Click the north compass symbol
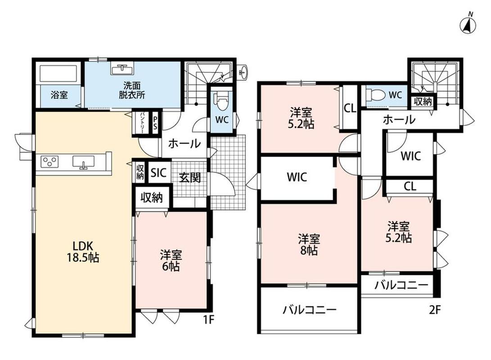(468, 24)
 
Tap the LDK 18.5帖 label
(83, 252)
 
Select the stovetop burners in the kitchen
(50, 162)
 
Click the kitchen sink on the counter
(83, 162)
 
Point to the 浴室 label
(59, 95)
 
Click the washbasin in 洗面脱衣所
(122, 68)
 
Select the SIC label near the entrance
(159, 172)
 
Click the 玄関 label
(190, 177)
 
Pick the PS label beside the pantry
(155, 123)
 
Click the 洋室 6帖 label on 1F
(171, 261)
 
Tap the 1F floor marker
(208, 319)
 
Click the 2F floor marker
(435, 310)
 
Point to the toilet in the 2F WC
(375, 94)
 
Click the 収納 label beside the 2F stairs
(423, 101)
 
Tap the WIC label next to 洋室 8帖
(297, 177)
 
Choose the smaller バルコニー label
(401, 285)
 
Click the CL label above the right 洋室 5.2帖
(410, 187)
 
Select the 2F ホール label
(399, 120)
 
